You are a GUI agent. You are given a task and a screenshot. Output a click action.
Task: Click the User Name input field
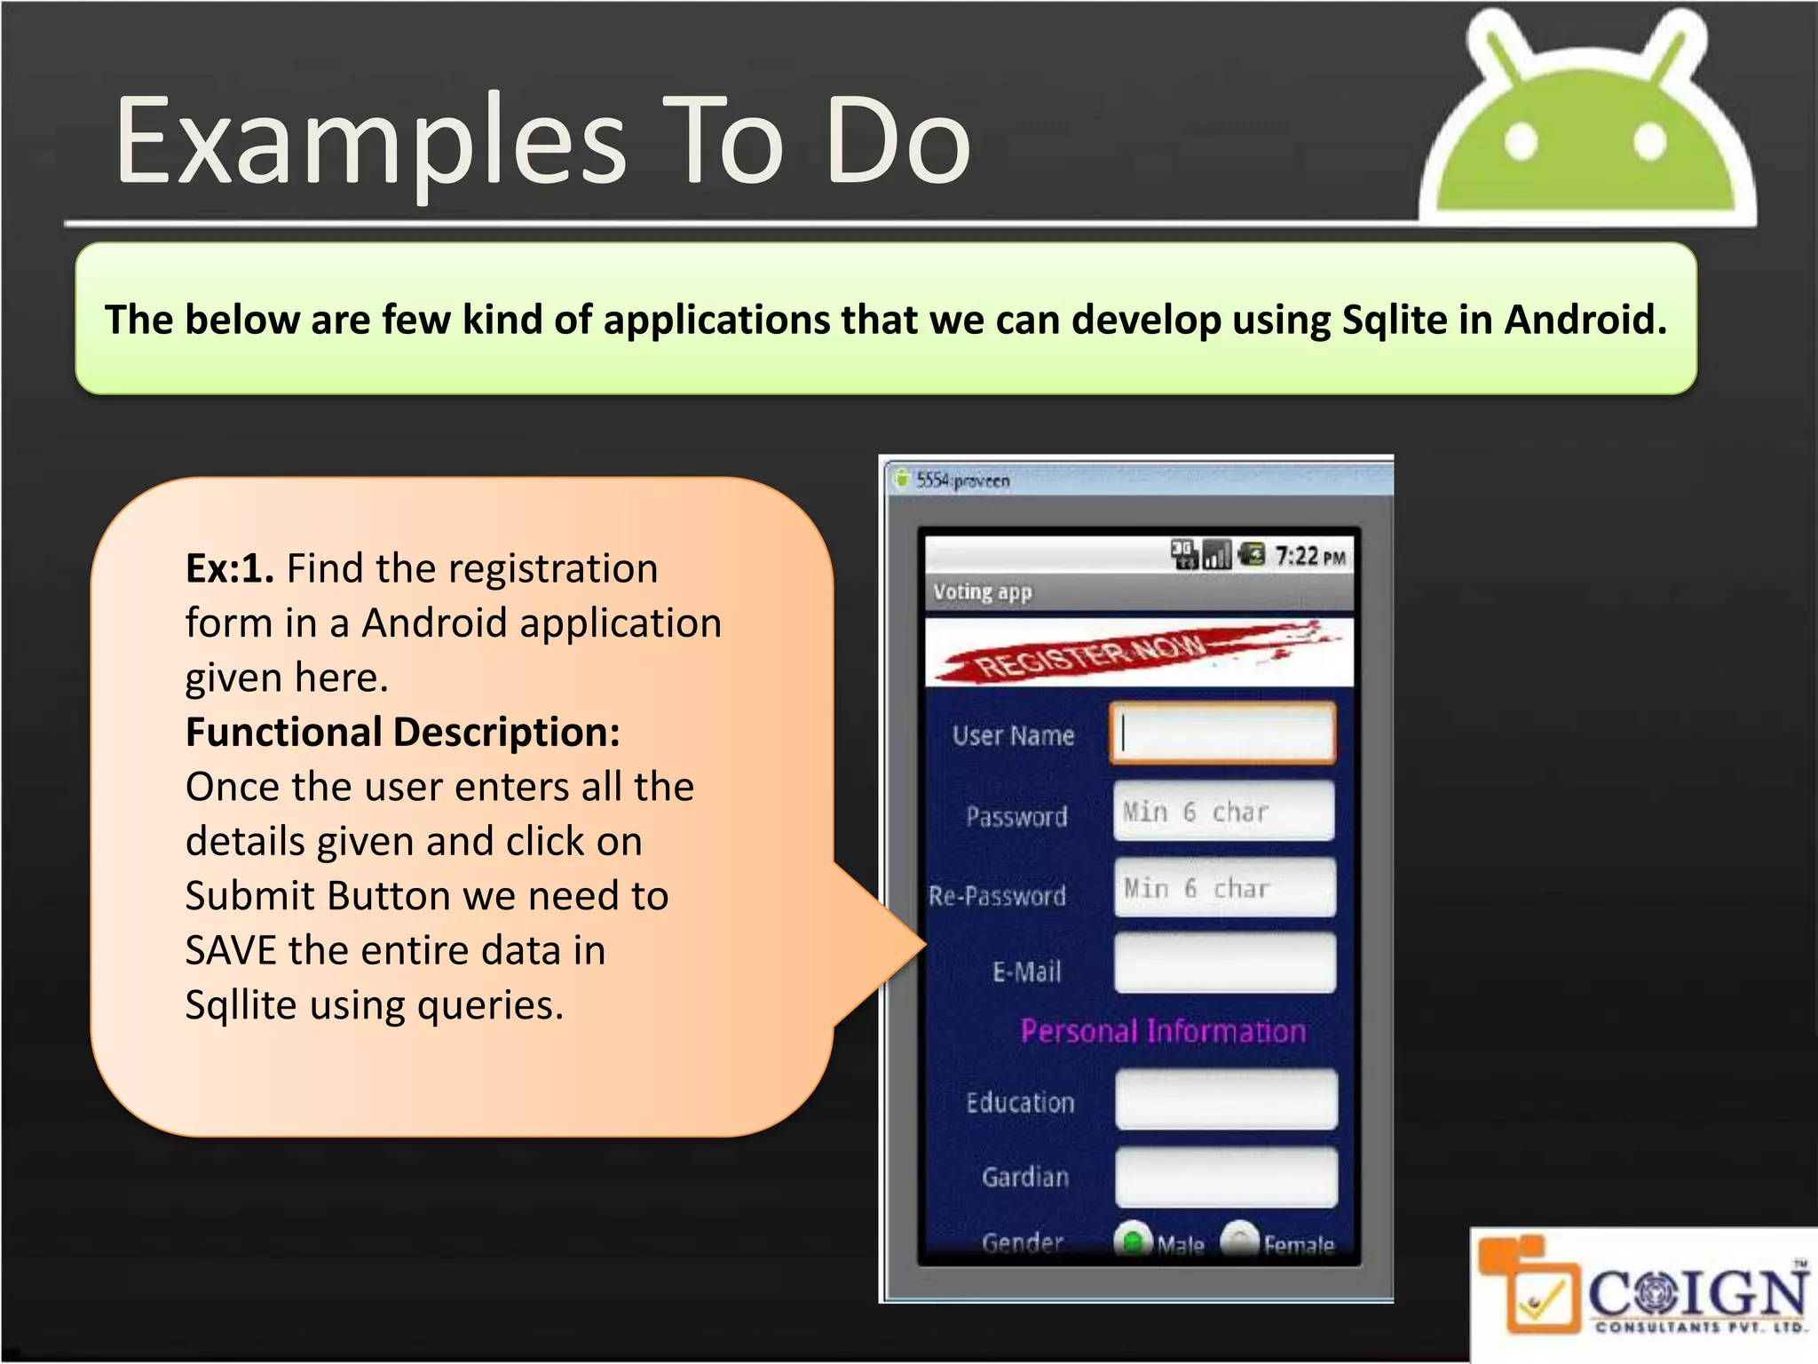click(x=1222, y=734)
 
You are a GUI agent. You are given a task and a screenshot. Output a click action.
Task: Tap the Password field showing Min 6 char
click(x=1223, y=811)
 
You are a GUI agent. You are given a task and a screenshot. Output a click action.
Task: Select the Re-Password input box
click(x=1224, y=887)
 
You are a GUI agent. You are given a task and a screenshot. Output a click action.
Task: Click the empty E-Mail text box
click(x=1224, y=964)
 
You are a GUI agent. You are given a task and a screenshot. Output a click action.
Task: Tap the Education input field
click(x=1226, y=1099)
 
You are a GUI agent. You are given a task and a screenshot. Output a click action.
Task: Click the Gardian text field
click(x=1226, y=1177)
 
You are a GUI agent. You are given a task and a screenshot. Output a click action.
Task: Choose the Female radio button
click(x=1240, y=1241)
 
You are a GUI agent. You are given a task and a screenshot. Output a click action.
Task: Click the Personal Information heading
click(x=1163, y=1031)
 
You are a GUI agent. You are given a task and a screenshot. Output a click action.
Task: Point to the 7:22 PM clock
click(x=1310, y=557)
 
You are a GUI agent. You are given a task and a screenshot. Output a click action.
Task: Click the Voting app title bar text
click(x=982, y=592)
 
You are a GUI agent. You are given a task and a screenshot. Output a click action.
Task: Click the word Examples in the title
click(x=371, y=142)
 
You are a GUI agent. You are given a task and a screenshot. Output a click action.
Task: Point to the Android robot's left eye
click(x=1521, y=142)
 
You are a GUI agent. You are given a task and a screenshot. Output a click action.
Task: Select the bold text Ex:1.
click(x=229, y=568)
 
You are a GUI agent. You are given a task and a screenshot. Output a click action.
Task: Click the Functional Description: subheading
click(x=402, y=733)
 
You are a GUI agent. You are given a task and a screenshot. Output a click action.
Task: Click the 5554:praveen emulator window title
click(x=962, y=480)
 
